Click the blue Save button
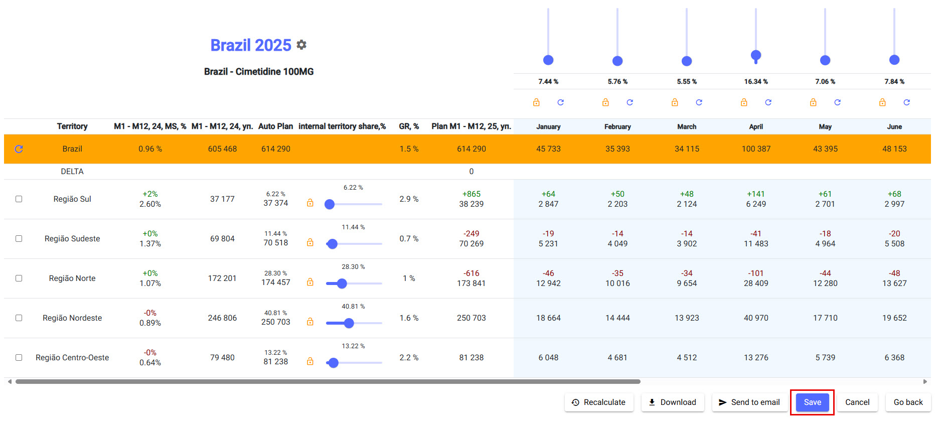(812, 402)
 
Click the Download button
(672, 402)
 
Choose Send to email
(749, 402)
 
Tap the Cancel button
(857, 402)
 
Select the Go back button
(908, 402)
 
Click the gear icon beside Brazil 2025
(301, 45)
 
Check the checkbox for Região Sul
(19, 199)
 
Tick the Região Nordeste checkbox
(19, 318)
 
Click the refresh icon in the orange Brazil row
(19, 149)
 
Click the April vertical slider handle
(756, 55)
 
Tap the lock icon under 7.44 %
(536, 102)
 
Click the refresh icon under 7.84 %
(906, 102)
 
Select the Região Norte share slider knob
(342, 283)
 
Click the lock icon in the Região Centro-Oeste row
(310, 361)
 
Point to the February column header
(617, 126)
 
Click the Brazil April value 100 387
(756, 149)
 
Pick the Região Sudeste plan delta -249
(471, 234)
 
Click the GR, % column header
(409, 126)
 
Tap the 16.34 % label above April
(756, 81)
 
